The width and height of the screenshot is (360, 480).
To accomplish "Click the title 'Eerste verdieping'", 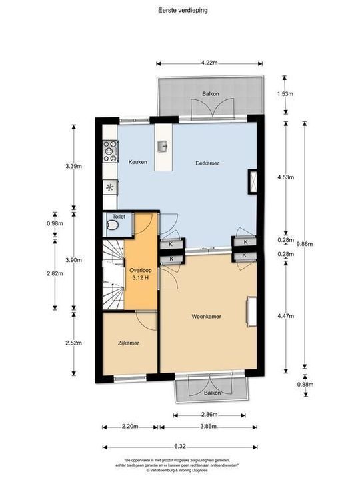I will point(179,10).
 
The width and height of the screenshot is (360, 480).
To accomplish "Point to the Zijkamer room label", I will point(127,343).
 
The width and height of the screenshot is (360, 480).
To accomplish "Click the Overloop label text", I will point(141,271).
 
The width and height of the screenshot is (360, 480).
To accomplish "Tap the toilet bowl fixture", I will point(112,226).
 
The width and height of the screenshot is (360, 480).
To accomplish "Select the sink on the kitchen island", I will point(161,146).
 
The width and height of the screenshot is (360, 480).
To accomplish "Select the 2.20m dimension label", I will point(130,425).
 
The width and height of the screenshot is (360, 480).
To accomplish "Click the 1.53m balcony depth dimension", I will point(285,94).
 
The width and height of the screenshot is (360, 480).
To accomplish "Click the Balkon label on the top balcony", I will point(210,94).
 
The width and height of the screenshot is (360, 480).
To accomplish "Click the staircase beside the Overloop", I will point(113,274).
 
